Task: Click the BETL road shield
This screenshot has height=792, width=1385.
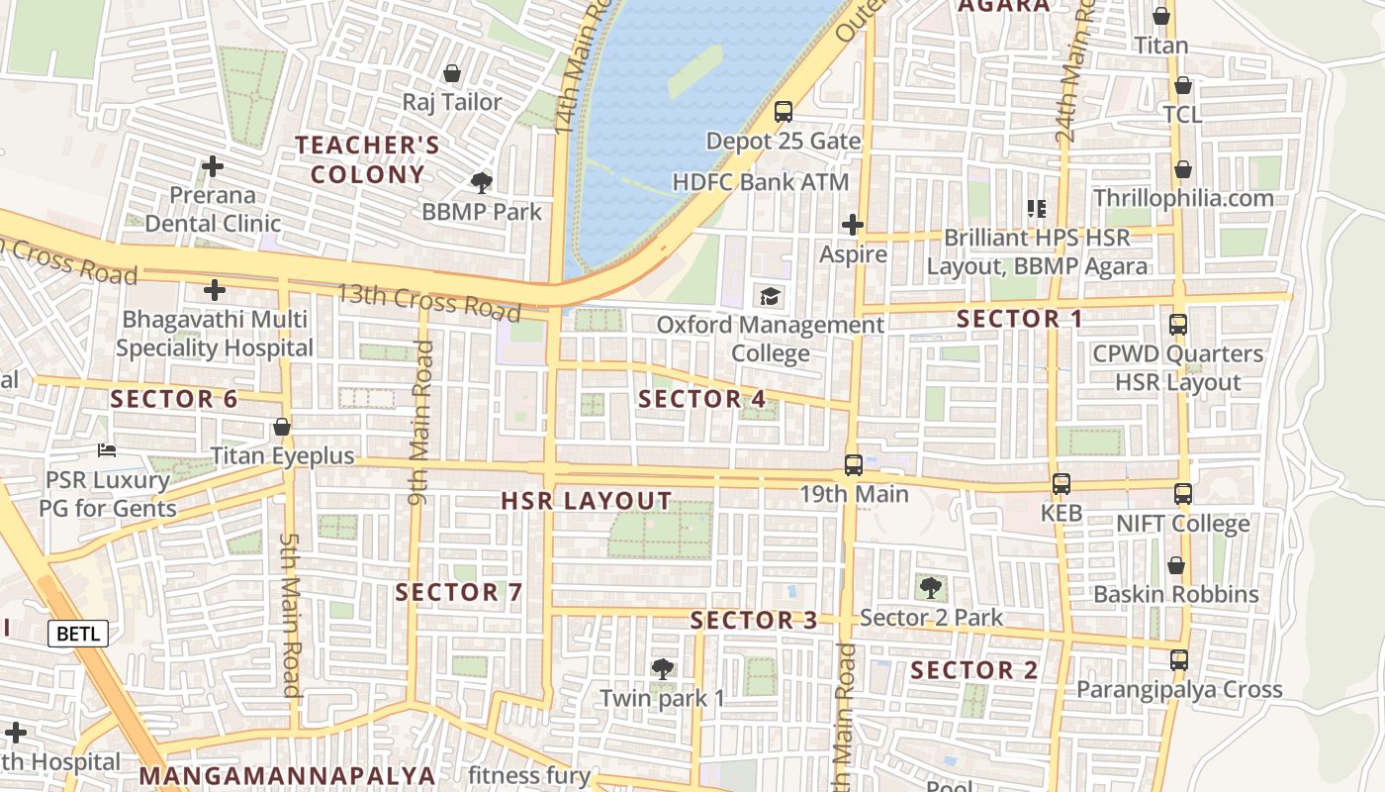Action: click(x=78, y=634)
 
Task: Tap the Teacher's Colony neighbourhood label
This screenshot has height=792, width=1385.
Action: click(x=367, y=159)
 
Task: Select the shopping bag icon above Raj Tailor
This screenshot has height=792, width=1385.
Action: click(x=452, y=73)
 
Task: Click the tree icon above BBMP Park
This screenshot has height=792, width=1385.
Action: click(x=482, y=182)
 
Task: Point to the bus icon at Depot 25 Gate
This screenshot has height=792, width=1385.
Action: click(x=784, y=112)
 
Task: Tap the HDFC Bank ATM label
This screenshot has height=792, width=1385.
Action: click(x=761, y=182)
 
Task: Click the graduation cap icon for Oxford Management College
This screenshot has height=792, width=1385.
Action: click(x=770, y=296)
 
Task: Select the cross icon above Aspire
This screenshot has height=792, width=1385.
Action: click(x=853, y=225)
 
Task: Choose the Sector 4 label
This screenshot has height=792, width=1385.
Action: click(x=702, y=399)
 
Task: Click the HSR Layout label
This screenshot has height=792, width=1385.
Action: click(x=587, y=501)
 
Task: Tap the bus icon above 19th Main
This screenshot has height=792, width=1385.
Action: click(x=853, y=464)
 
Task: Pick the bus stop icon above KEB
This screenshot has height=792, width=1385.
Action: click(x=1062, y=484)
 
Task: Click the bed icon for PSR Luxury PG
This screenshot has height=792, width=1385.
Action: click(x=107, y=450)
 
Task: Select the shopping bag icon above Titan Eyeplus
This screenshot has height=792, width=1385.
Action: click(x=282, y=428)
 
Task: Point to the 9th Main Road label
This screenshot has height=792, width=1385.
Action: click(x=419, y=423)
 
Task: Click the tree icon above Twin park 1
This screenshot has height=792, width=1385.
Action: click(x=662, y=668)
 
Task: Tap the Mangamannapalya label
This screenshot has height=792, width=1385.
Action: click(x=287, y=775)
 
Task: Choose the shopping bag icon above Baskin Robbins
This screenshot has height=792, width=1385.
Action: click(x=1175, y=565)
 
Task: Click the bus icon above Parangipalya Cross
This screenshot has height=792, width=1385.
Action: click(x=1178, y=659)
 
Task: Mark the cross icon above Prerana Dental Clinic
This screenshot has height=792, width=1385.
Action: click(x=212, y=166)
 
